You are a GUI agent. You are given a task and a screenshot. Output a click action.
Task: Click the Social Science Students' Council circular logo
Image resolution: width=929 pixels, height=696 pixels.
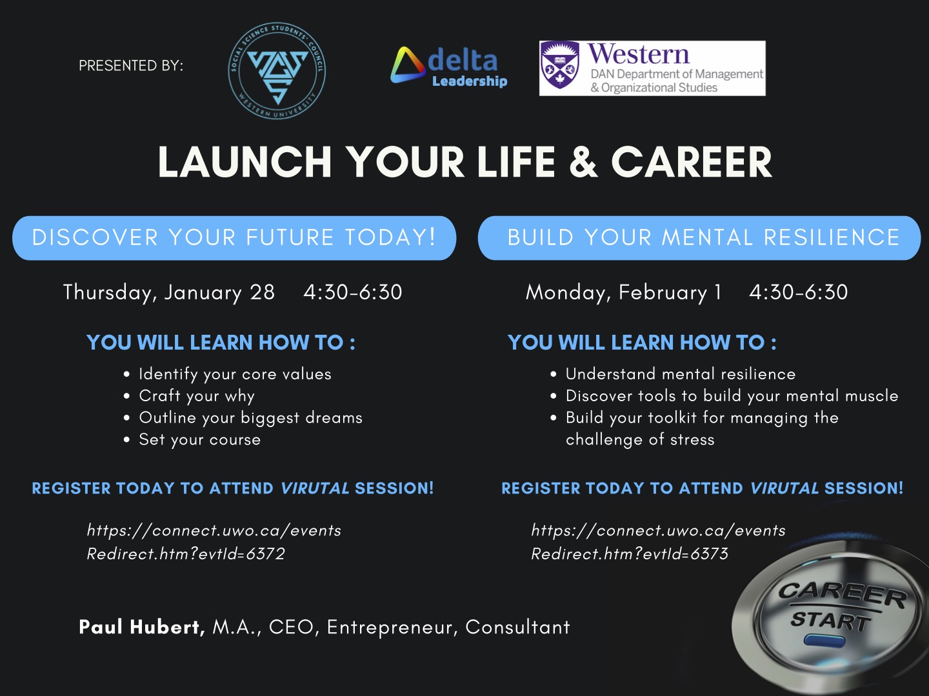tap(277, 72)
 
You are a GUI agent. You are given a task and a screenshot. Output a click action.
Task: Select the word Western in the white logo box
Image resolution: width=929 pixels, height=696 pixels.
tap(638, 54)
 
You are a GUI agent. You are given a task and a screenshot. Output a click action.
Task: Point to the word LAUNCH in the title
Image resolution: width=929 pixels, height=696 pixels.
tap(245, 162)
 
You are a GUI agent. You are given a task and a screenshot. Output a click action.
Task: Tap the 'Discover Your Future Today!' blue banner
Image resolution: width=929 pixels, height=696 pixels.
tap(234, 238)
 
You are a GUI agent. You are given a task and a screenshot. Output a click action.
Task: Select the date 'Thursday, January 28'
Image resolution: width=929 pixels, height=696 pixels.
tap(169, 292)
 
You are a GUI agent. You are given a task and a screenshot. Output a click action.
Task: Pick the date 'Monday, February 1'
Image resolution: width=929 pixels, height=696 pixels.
tap(623, 292)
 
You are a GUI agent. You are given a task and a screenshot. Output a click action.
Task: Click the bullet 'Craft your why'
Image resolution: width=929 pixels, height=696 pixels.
tap(197, 396)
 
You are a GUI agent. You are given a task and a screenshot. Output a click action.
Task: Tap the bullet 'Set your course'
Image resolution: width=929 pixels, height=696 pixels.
tap(200, 440)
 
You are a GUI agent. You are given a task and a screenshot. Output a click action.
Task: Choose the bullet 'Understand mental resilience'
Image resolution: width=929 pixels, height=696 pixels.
tap(681, 374)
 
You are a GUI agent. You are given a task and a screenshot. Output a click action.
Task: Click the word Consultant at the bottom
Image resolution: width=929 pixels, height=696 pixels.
tap(517, 627)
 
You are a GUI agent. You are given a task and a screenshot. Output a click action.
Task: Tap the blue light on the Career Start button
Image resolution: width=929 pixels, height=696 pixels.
tap(824, 641)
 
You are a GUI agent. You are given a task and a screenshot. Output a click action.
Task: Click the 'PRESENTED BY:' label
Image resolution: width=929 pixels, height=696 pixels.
tap(131, 66)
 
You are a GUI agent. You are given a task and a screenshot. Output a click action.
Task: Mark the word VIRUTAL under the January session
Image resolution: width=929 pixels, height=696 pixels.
tap(315, 488)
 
